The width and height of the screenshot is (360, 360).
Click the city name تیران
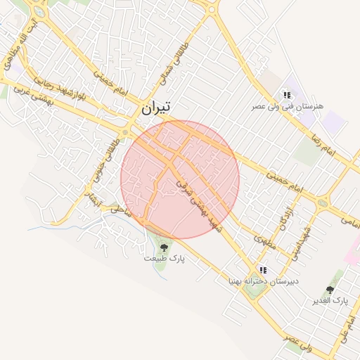(x=155, y=108)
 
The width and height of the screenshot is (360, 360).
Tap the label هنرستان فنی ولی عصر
(x=288, y=106)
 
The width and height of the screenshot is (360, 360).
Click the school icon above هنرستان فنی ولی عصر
(x=286, y=95)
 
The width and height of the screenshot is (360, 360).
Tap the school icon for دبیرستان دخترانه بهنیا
(x=262, y=270)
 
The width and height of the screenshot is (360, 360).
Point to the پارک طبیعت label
(x=164, y=259)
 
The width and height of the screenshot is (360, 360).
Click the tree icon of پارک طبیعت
(x=164, y=247)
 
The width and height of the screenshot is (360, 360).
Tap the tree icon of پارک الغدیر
(x=330, y=290)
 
